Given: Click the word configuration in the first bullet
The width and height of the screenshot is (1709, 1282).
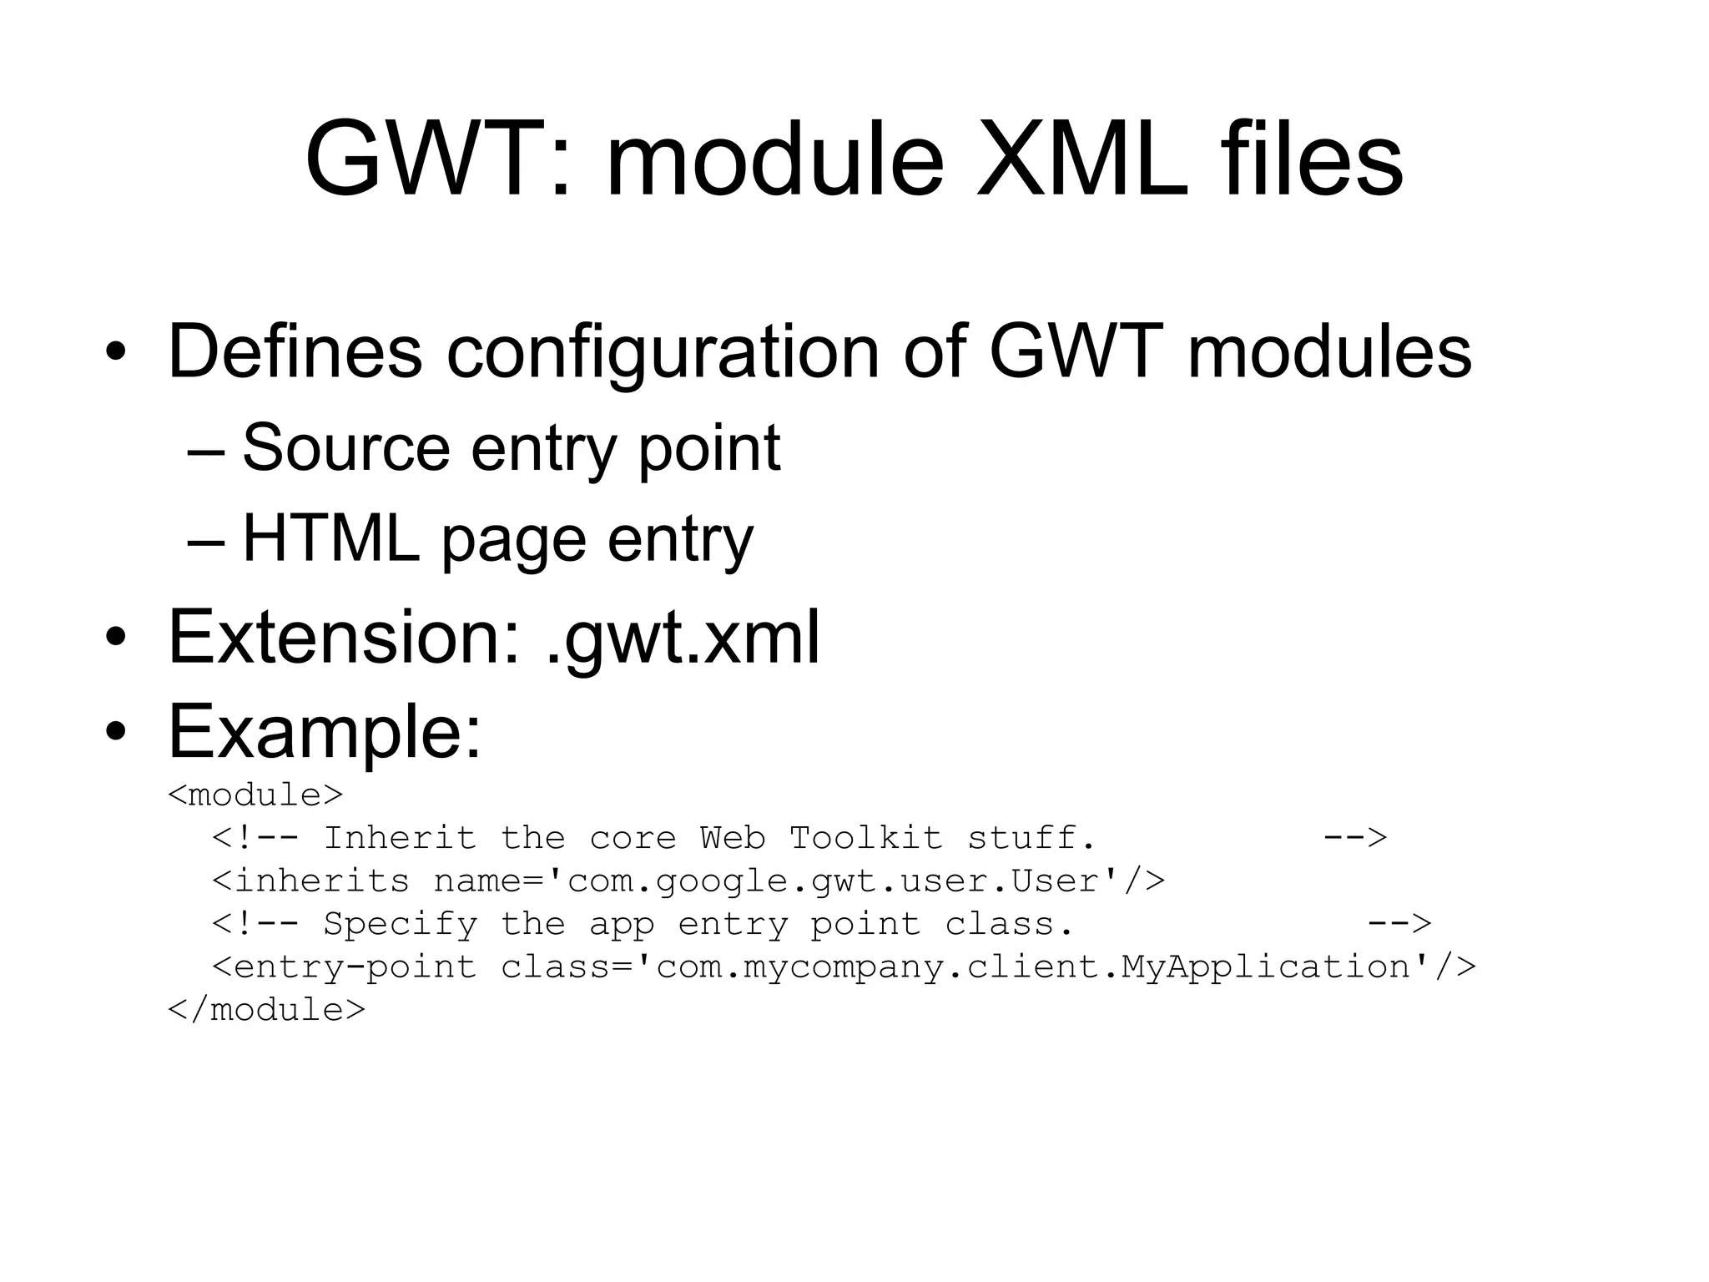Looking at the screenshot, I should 663,352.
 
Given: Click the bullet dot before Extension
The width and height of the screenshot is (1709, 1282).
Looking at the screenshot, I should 116,639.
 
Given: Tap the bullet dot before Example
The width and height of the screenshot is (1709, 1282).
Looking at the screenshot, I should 116,733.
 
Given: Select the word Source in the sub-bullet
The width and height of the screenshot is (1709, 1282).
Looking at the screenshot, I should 345,448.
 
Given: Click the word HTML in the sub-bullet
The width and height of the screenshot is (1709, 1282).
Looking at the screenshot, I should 330,539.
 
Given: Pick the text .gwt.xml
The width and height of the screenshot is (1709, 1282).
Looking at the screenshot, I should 682,639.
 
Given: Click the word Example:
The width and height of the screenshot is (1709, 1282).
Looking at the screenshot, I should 325,733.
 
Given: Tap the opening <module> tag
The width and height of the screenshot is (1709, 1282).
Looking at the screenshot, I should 255,795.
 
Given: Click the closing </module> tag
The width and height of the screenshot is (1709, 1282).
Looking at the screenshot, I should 266,1011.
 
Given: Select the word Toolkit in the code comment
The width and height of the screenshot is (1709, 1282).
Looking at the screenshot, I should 865,838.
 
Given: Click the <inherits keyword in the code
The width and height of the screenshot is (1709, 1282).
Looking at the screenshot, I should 310,881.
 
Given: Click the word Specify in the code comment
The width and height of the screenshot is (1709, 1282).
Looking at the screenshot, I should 400,925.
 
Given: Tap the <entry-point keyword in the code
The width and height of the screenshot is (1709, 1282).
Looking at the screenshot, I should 344,968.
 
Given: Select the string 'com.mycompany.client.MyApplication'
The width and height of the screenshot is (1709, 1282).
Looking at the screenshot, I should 1034,968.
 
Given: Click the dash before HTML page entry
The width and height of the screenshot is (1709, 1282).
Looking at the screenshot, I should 205,541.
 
